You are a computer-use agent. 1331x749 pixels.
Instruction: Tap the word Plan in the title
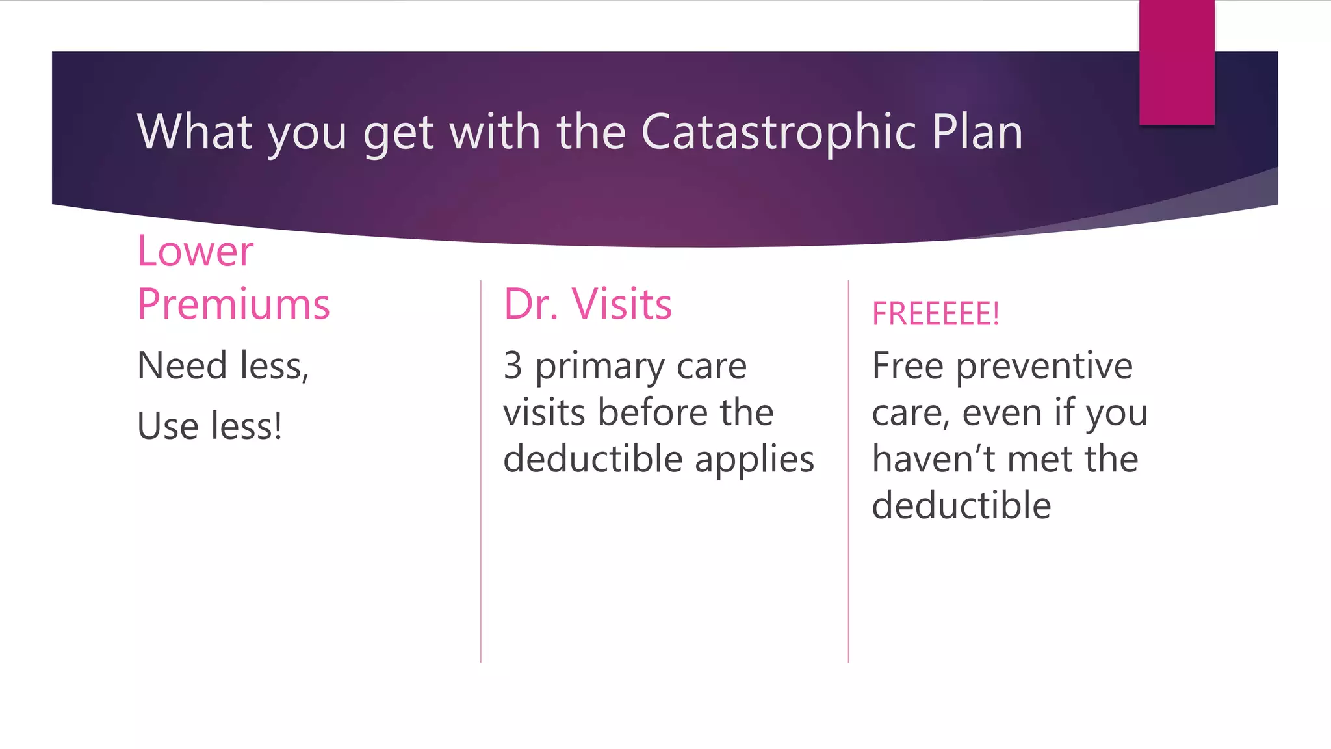(x=977, y=132)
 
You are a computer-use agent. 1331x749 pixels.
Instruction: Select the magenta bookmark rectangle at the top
(x=1176, y=62)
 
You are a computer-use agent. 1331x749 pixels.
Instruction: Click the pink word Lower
(x=195, y=251)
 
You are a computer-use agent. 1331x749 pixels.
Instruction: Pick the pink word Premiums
(x=233, y=304)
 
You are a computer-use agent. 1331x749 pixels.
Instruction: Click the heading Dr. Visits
(x=588, y=304)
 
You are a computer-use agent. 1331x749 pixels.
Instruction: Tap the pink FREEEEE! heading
(x=935, y=314)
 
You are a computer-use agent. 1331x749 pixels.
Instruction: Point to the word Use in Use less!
(x=168, y=427)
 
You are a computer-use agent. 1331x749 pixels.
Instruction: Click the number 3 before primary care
(x=513, y=365)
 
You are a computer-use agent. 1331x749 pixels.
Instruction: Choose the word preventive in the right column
(x=1044, y=367)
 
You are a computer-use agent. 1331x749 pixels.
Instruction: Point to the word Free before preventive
(x=907, y=365)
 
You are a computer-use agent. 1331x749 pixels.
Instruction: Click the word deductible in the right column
(x=961, y=505)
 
